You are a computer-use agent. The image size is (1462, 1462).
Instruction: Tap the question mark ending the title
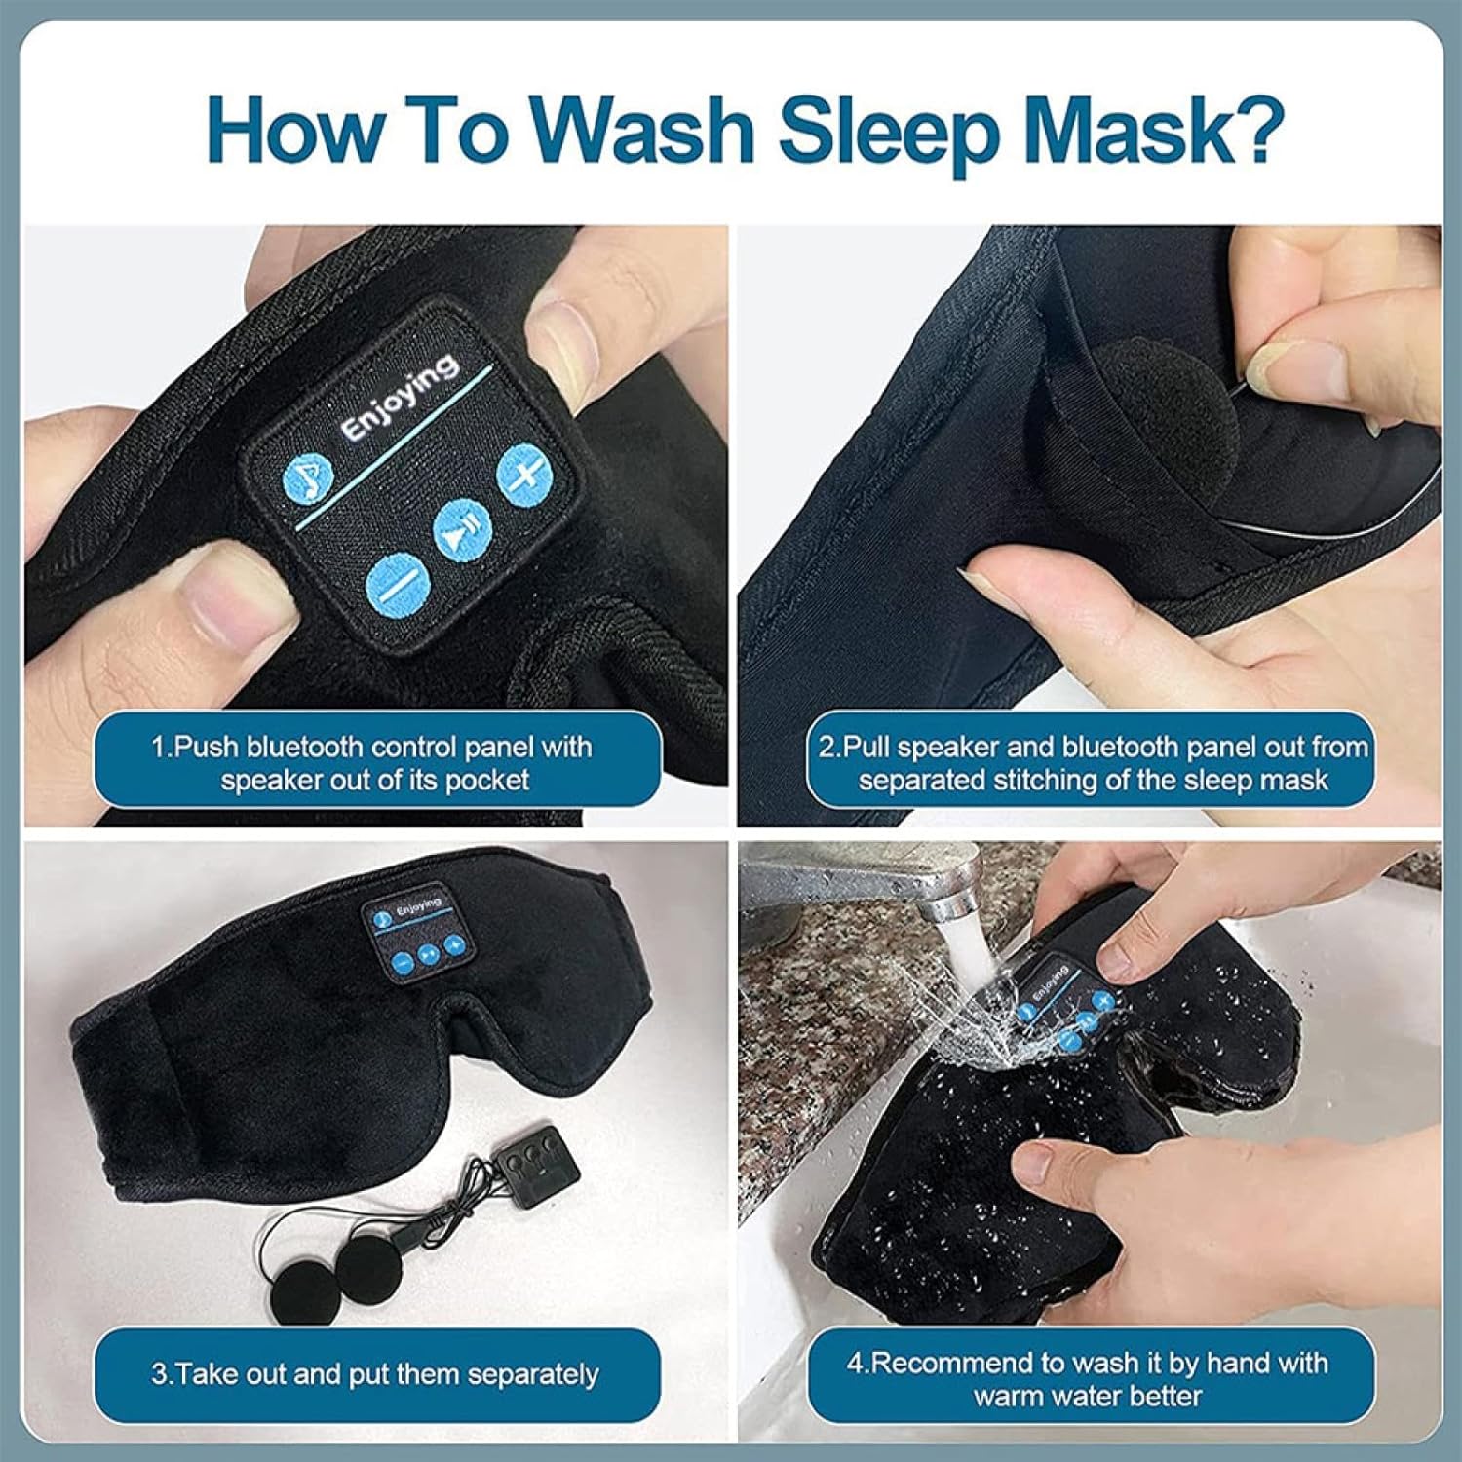pyautogui.click(x=1250, y=127)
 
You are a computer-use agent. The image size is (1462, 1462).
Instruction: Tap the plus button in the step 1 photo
pyautogui.click(x=524, y=475)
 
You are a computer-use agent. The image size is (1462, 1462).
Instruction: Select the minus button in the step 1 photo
pyautogui.click(x=398, y=587)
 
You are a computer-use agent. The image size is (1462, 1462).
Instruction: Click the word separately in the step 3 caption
pyautogui.click(x=532, y=1374)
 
